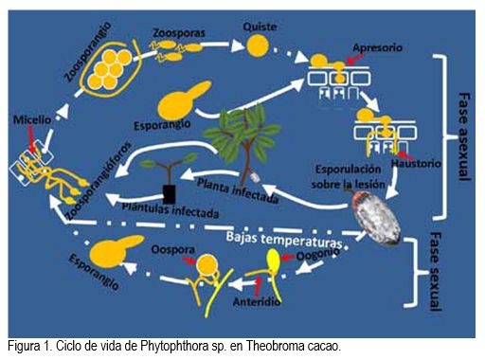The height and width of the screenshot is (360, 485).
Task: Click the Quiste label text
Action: click(x=260, y=27)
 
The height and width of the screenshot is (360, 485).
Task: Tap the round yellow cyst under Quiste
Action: click(x=258, y=45)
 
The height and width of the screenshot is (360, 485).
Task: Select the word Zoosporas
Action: click(x=179, y=33)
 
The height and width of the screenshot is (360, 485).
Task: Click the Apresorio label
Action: click(x=377, y=47)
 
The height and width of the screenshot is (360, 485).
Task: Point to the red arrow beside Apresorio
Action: click(x=354, y=59)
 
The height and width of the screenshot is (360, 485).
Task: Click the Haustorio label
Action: click(x=416, y=163)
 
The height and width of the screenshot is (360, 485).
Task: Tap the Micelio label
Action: click(x=32, y=120)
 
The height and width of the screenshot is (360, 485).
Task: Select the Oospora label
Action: click(x=172, y=249)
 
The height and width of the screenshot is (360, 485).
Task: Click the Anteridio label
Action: click(x=257, y=302)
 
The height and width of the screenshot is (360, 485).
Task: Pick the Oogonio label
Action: click(x=318, y=254)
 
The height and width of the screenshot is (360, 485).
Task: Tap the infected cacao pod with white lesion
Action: click(x=376, y=219)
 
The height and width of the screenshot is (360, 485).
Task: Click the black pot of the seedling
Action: click(x=170, y=194)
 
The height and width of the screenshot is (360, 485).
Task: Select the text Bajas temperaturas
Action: click(x=284, y=240)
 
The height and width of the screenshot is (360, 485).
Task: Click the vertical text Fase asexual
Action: click(x=463, y=136)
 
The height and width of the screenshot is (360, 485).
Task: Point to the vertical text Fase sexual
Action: click(x=436, y=272)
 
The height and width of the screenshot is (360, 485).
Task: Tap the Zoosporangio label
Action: click(x=87, y=52)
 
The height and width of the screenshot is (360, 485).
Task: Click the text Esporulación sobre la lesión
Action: click(x=348, y=176)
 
